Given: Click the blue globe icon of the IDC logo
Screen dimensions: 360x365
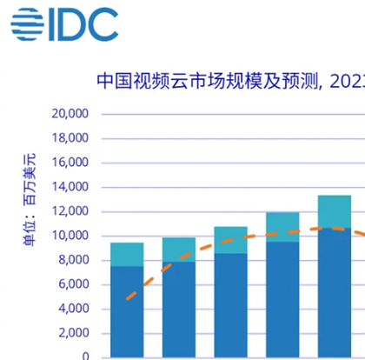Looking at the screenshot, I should point(27,23).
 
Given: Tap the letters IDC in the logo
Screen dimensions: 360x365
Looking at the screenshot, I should point(83,23).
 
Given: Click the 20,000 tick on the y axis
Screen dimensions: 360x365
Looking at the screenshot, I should point(70,114).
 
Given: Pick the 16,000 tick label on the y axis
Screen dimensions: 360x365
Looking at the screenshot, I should point(70,163).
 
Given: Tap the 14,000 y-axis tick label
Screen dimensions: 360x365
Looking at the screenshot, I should point(70,187).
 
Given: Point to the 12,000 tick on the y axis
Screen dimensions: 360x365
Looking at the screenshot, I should point(70,211).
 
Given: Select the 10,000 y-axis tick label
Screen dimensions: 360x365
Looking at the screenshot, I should point(70,236).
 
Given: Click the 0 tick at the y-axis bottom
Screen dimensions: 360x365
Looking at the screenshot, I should point(85,356).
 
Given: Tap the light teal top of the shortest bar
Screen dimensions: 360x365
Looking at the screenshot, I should point(127,254).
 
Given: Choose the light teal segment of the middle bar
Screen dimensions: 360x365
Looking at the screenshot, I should point(230,239).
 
